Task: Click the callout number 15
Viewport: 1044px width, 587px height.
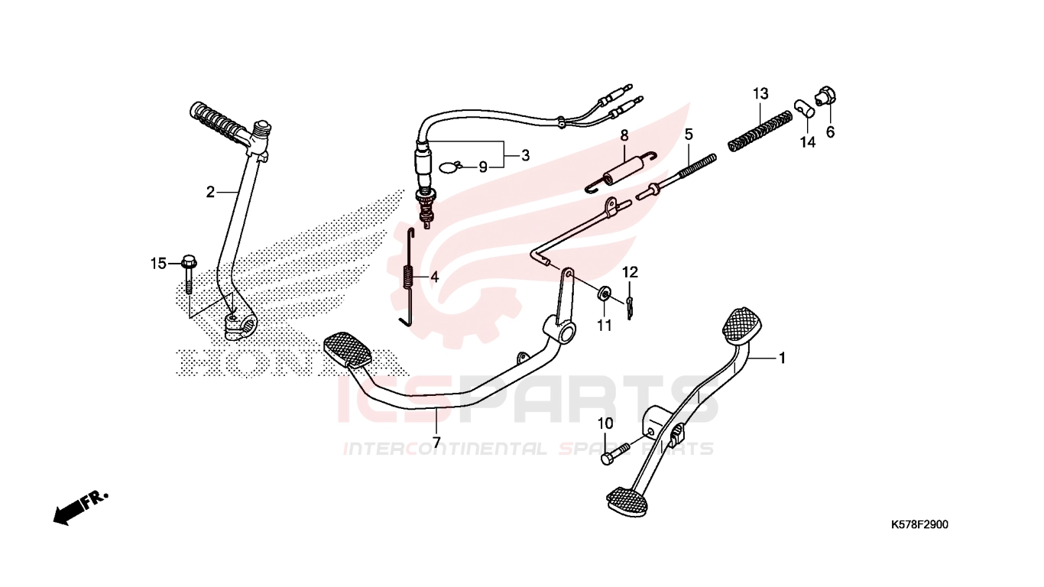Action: [158, 264]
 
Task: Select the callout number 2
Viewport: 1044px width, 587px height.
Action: [210, 192]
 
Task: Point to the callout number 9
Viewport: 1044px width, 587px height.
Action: [483, 167]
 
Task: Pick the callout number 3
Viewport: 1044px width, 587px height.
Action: [525, 155]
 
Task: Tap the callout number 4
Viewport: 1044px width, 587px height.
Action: [434, 277]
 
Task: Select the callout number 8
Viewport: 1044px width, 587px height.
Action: [624, 136]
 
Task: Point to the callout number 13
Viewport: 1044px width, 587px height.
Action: [760, 94]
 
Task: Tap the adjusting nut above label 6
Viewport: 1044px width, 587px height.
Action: [825, 96]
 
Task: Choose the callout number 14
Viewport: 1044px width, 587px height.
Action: [808, 142]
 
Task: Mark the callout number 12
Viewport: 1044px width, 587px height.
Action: [630, 272]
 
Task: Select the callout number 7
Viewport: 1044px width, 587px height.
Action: [436, 442]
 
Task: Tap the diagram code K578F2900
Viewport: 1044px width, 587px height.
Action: [919, 524]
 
